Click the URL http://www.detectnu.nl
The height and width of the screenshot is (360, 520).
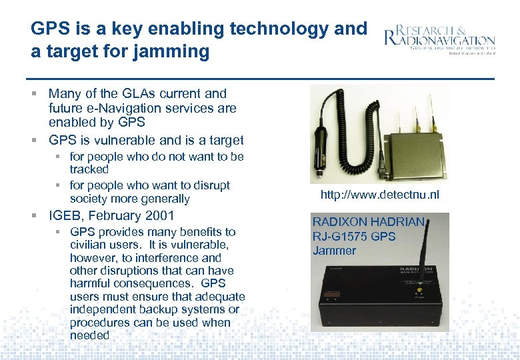(380, 195)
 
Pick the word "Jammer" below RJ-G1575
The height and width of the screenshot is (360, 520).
(335, 251)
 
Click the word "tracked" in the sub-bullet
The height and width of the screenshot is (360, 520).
(89, 169)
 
